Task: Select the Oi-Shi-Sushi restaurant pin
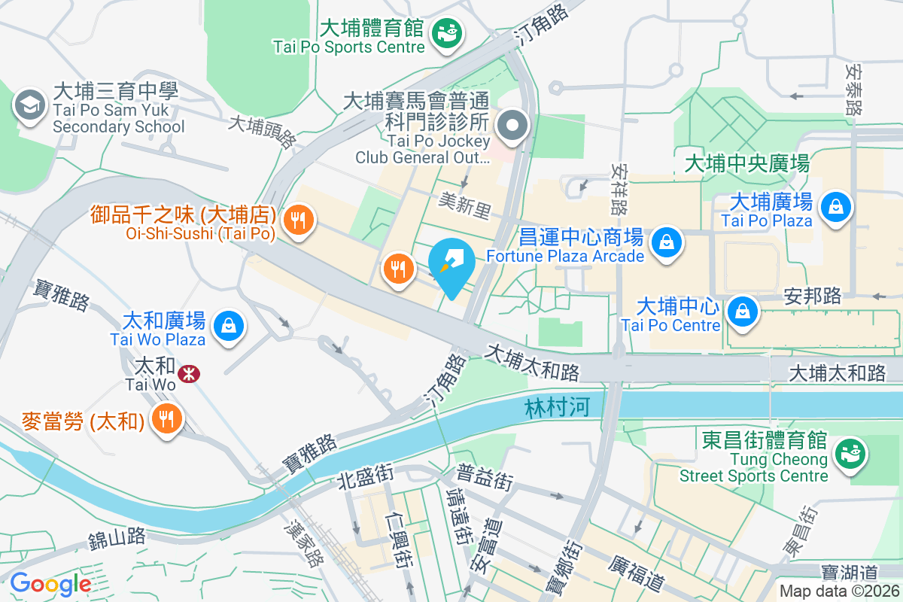pos(299,220)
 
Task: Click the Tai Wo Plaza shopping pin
pos(227,326)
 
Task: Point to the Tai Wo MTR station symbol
pos(188,372)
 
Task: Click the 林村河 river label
pos(557,409)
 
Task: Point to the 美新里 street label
pos(464,204)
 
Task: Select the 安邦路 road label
pos(812,296)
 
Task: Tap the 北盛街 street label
pos(365,475)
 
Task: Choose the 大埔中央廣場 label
pos(746,163)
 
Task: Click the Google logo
pos(50,583)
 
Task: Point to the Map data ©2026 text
pos(838,591)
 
